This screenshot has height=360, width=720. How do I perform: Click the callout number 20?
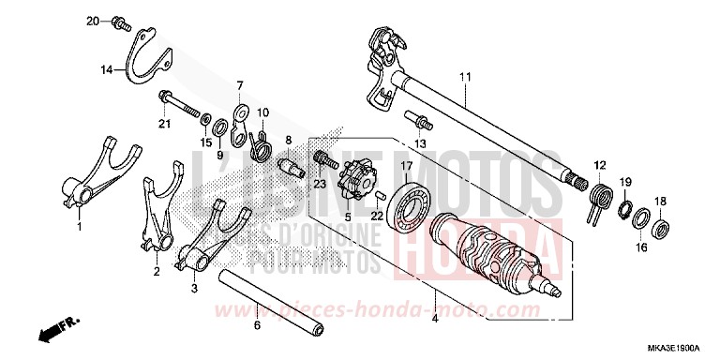click(92, 20)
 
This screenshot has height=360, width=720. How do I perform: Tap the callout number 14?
click(107, 68)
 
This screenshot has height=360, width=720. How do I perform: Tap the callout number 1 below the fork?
click(79, 227)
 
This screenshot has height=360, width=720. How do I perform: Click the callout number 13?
click(420, 143)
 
